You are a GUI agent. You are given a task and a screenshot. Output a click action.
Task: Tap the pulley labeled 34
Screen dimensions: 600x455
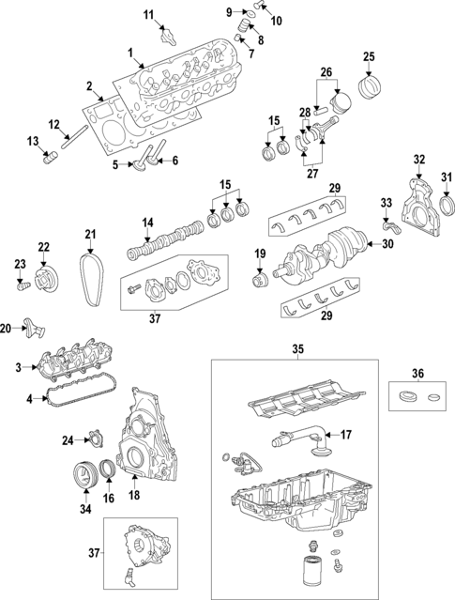coord(86,473)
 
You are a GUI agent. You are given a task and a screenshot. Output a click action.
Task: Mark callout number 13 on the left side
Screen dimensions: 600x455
coord(33,141)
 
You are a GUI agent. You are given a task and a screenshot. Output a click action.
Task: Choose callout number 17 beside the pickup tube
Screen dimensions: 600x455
coord(345,435)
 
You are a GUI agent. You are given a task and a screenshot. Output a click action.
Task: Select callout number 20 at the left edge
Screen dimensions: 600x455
coord(7,328)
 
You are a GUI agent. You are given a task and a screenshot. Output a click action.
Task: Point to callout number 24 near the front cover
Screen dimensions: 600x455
coord(67,439)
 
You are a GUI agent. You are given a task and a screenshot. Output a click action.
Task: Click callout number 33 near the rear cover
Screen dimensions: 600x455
coord(386,203)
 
